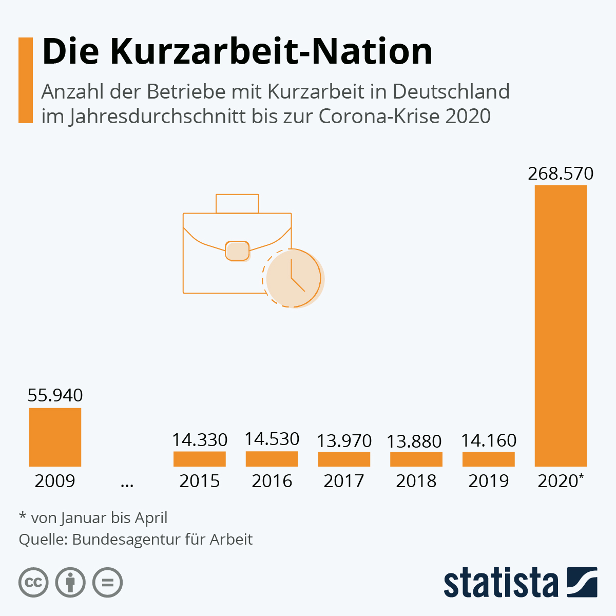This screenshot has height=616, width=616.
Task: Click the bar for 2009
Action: tap(55, 437)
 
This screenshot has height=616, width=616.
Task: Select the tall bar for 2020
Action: tap(561, 325)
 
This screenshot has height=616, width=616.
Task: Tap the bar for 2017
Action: tap(344, 459)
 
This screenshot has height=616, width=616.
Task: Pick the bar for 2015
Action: tap(200, 459)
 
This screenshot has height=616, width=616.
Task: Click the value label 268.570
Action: tap(561, 174)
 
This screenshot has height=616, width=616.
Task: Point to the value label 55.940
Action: tap(55, 395)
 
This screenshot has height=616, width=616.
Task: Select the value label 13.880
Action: tap(414, 441)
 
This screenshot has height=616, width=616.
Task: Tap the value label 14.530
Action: tap(272, 439)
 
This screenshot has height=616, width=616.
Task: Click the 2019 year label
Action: tap(488, 481)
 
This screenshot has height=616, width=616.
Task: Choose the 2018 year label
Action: tap(416, 481)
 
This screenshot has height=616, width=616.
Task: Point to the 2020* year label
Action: tap(561, 481)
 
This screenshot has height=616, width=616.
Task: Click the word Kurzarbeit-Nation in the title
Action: tap(271, 51)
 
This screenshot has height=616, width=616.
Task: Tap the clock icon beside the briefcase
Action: tap(293, 278)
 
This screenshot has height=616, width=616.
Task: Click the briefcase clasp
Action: tap(237, 251)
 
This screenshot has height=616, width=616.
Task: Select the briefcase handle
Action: tap(237, 203)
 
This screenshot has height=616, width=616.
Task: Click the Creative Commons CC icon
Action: tap(33, 583)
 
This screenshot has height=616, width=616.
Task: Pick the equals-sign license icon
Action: tap(107, 583)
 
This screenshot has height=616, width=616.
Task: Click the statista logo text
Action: tap(500, 582)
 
